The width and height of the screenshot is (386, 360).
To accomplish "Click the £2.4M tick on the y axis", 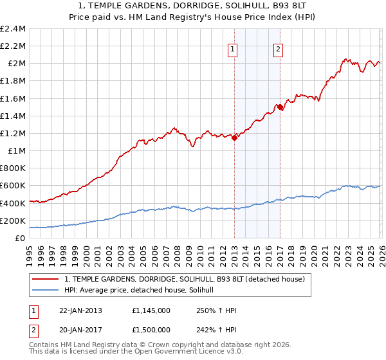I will click(x=13, y=29).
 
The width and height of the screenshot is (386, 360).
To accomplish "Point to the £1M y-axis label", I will click(x=17, y=151).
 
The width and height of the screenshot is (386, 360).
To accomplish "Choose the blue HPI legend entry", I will click(x=143, y=291).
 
